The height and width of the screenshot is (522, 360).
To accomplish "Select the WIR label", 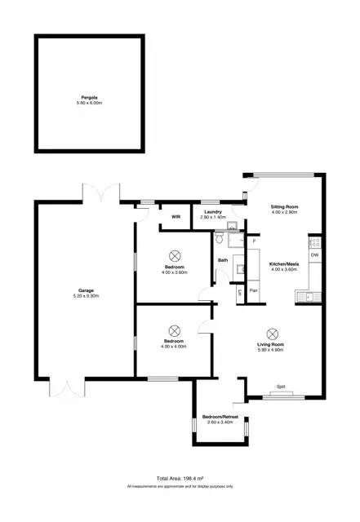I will pos(176,216).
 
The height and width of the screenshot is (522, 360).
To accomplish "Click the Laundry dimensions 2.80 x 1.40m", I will pos(212,218).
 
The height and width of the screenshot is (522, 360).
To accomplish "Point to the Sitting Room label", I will pos(285,207).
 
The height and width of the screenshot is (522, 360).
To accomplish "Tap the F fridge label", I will pos(254,242).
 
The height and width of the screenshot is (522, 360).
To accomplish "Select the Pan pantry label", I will pos(253,290).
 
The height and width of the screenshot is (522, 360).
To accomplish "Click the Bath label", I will pos(222,260).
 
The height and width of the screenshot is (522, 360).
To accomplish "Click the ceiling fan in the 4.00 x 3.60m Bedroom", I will pos(176,253).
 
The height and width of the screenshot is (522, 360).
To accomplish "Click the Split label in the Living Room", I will pos(280,386).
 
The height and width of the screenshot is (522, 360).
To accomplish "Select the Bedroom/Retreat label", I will pos(222,416).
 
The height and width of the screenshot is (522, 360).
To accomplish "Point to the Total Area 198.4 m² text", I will pos(180,478).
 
